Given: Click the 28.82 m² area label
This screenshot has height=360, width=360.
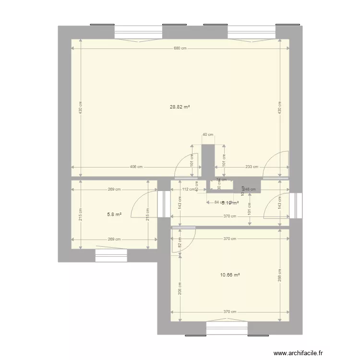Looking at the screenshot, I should (180, 107).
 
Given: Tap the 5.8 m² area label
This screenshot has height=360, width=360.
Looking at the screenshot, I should (114, 214).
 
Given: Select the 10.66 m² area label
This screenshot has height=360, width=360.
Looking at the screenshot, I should (230, 275).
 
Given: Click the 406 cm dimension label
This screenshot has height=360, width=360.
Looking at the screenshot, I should (136, 167).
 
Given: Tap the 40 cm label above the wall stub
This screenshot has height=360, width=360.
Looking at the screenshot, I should (207, 135).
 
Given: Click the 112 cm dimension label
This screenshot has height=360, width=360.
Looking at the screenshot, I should (188, 189).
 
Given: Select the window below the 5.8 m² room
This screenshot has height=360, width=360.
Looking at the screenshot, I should (111, 255).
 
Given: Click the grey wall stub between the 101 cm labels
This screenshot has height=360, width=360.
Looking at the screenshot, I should (208, 161).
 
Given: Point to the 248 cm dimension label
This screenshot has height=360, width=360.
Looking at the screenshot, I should (250, 189).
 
